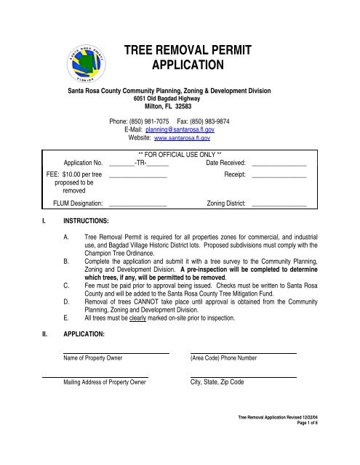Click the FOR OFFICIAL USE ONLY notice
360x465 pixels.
[180, 155]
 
